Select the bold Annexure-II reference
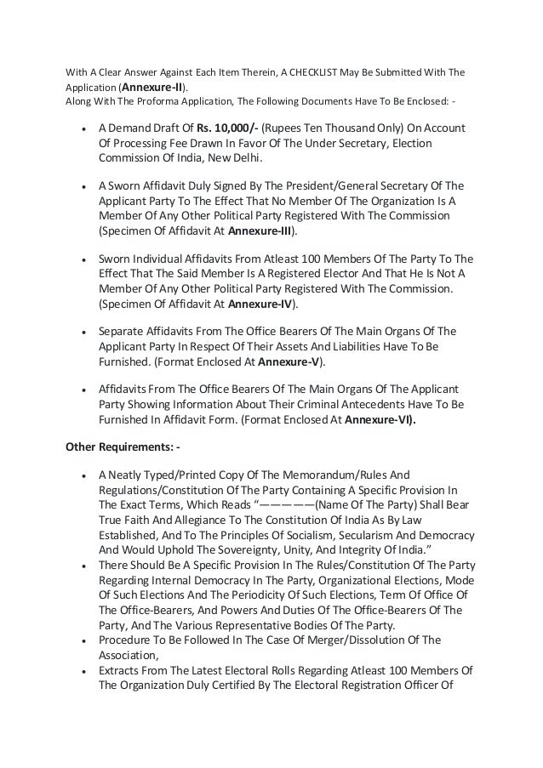tap(153, 87)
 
